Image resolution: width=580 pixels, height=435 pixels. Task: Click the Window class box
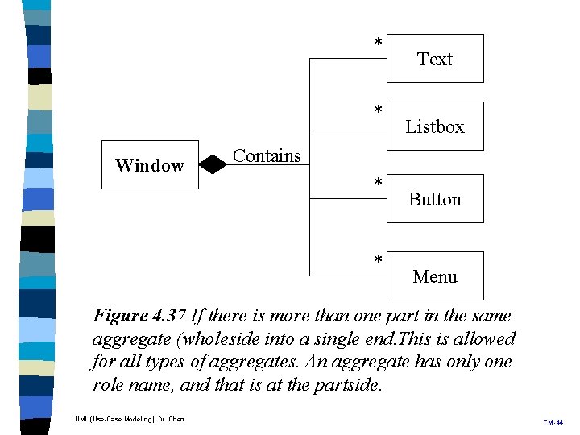click(x=150, y=165)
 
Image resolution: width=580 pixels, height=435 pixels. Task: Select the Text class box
click(x=435, y=59)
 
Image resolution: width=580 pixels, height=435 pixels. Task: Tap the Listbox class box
click(x=435, y=126)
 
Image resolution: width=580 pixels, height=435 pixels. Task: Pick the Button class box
click(x=435, y=199)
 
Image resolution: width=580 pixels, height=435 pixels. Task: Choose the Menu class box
click(x=435, y=276)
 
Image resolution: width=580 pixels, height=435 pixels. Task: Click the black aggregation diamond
click(x=213, y=165)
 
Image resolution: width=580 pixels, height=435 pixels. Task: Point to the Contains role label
click(x=267, y=156)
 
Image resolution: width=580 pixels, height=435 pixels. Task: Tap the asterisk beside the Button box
click(x=377, y=184)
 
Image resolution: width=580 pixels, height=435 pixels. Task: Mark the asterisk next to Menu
click(x=377, y=260)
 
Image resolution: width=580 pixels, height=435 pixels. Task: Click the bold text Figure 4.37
click(x=139, y=316)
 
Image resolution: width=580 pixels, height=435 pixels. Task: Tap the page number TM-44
click(x=553, y=421)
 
